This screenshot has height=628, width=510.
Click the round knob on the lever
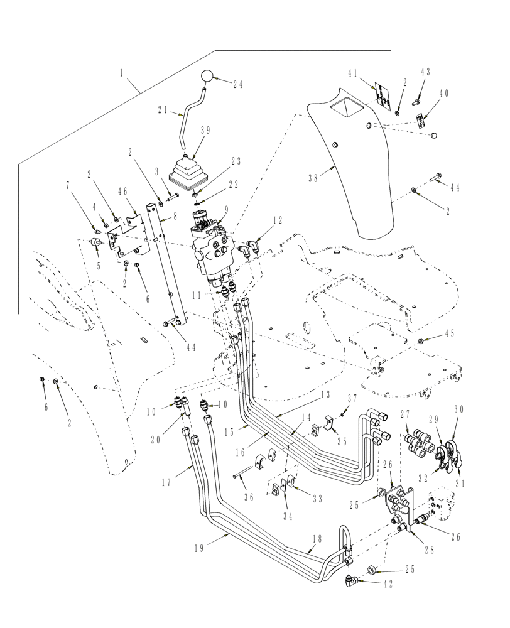[x=207, y=77]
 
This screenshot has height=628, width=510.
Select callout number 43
[x=425, y=72]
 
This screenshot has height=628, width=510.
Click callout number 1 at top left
[x=121, y=72]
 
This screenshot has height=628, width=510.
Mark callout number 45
[x=449, y=333]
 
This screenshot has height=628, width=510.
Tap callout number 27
[x=404, y=414]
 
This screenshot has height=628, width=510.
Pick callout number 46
[x=123, y=190]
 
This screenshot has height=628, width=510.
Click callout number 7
[x=67, y=186]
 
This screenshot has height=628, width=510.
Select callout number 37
[x=352, y=398]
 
